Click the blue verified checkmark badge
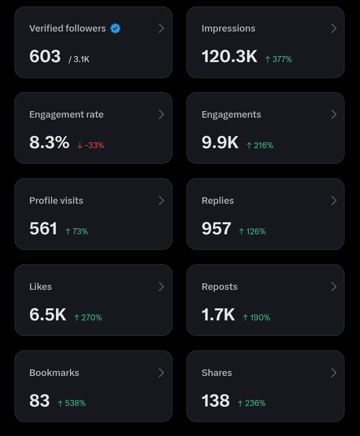click(115, 29)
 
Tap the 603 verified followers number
click(45, 56)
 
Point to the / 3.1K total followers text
click(79, 59)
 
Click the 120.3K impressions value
click(229, 56)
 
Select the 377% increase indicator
click(278, 59)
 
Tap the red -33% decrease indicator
click(90, 145)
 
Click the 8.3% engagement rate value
click(49, 142)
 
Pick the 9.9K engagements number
click(220, 142)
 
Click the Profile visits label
click(56, 201)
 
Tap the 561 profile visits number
click(43, 229)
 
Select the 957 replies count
click(216, 229)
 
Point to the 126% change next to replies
click(252, 231)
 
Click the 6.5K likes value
click(48, 314)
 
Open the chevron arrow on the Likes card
click(161, 287)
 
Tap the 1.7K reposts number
click(218, 314)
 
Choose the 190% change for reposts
click(256, 317)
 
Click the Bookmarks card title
click(54, 372)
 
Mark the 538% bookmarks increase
click(71, 403)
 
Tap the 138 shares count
click(216, 400)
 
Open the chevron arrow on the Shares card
click(334, 373)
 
